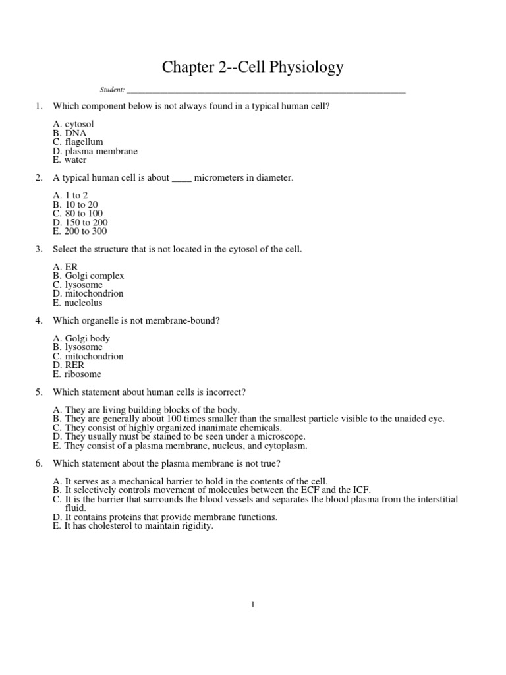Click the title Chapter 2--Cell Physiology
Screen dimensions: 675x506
tap(252, 68)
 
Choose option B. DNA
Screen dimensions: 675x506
tap(69, 133)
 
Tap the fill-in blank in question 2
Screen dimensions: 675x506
tap(181, 178)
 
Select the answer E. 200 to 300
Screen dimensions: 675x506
tap(80, 231)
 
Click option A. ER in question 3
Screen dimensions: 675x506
tap(65, 267)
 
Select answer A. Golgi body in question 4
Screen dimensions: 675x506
tap(82, 338)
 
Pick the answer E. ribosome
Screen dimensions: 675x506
tap(77, 374)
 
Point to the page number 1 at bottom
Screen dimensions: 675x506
tap(253, 604)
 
